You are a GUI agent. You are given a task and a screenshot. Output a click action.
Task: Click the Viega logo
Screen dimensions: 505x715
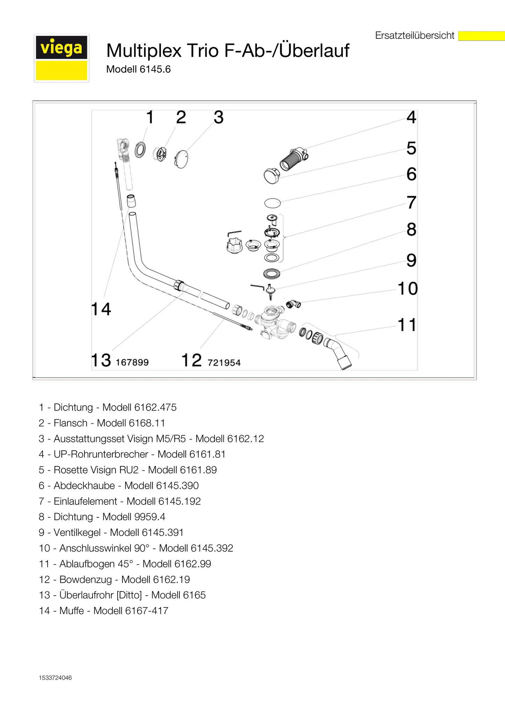pos(61,58)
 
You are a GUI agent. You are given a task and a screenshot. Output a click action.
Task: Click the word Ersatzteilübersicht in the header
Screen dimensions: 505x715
pos(415,36)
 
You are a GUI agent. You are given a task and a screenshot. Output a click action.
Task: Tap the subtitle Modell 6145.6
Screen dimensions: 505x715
pos(138,69)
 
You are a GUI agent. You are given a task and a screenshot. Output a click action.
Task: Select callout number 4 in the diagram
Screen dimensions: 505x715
pos(411,117)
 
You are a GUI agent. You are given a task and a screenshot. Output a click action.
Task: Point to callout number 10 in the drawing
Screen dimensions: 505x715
pos(408,289)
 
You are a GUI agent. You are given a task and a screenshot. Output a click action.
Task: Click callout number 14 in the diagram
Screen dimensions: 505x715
pos(101,309)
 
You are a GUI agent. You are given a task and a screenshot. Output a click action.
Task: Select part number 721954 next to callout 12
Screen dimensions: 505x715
pos(224,363)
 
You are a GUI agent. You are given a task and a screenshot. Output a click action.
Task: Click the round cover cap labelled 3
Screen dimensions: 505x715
pos(181,159)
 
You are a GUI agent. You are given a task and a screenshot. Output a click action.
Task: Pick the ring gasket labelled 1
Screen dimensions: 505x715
pos(140,149)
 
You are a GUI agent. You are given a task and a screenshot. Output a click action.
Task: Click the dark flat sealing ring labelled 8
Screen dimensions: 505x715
pos(272,273)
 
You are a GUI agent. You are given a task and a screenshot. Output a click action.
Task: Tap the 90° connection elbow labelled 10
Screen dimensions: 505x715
pos(293,304)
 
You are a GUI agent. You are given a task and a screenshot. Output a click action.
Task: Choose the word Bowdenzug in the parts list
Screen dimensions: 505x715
pos(86,580)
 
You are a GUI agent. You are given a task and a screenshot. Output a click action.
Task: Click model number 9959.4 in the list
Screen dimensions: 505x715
pos(150,517)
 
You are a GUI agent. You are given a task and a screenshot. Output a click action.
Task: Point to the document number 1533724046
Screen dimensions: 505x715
pos(55,678)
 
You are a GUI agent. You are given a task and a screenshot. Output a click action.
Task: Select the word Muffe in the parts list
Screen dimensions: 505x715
pos(72,611)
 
